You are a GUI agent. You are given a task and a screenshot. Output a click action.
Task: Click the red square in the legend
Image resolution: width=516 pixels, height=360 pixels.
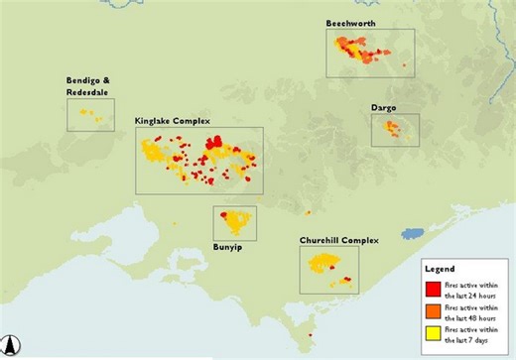point(433,289)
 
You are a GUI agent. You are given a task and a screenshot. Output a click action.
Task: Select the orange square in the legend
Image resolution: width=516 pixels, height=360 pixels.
point(433,311)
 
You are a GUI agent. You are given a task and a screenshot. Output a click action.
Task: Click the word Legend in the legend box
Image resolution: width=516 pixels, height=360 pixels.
point(440,270)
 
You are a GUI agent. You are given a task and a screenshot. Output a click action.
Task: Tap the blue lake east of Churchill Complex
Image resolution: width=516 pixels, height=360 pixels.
point(410,236)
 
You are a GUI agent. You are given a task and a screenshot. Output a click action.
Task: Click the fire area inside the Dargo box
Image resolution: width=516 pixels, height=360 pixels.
point(394,129)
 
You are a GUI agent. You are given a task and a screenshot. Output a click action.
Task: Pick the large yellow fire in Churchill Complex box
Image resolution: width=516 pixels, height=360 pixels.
point(323,263)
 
